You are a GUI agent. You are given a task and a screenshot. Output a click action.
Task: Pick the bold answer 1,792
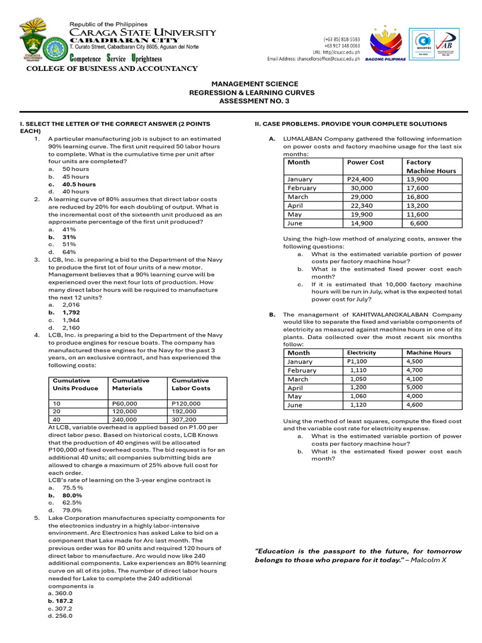(x=71, y=312)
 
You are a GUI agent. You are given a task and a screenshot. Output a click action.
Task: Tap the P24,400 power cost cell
(x=360, y=179)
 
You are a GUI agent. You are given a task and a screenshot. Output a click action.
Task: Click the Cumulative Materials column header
(x=131, y=384)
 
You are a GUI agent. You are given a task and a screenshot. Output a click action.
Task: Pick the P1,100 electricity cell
(x=358, y=362)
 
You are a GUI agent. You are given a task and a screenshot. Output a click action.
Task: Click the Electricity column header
(x=361, y=353)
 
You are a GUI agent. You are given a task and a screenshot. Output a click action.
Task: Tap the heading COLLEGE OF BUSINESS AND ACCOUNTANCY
(x=111, y=68)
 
